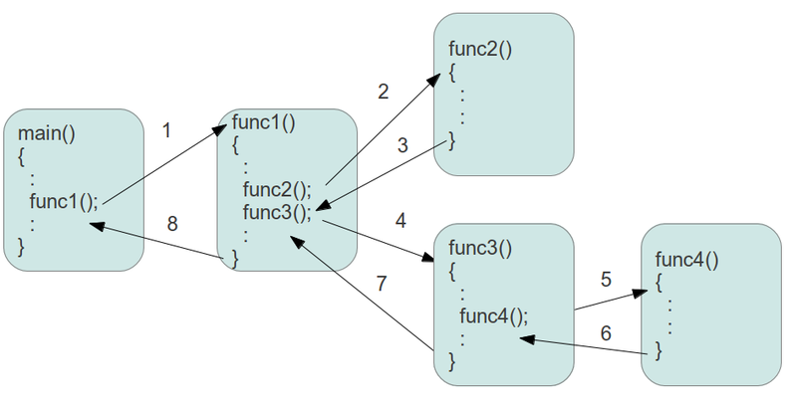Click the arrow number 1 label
pyautogui.click(x=166, y=129)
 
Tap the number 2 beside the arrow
pyautogui.click(x=383, y=93)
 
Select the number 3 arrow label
pyautogui.click(x=402, y=145)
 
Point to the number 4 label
pyautogui.click(x=401, y=220)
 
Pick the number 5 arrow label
pyautogui.click(x=605, y=280)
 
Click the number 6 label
pyautogui.click(x=605, y=333)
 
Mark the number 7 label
pyautogui.click(x=382, y=283)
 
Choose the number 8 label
pyautogui.click(x=172, y=224)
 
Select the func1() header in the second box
pyautogui.click(x=262, y=123)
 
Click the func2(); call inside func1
pyautogui.click(x=277, y=189)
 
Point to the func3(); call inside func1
pyautogui.click(x=277, y=211)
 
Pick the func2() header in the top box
pyautogui.click(x=479, y=49)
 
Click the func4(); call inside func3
pyautogui.click(x=493, y=315)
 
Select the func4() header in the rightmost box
pyautogui.click(x=686, y=261)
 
